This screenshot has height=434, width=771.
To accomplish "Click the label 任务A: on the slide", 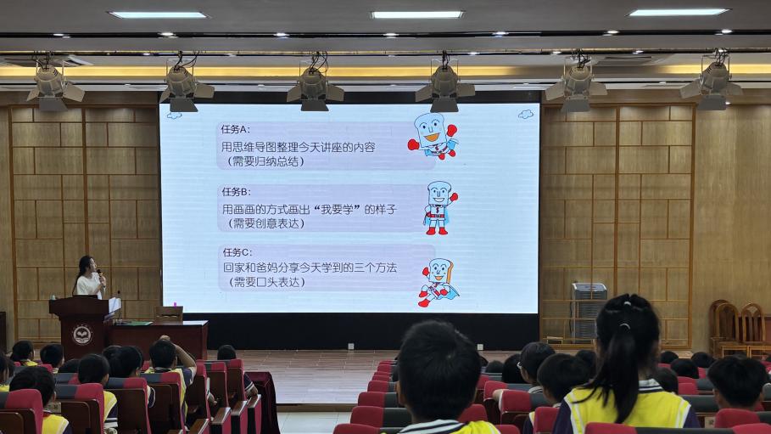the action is [x=235, y=130].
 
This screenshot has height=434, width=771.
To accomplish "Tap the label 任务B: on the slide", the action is [x=236, y=192].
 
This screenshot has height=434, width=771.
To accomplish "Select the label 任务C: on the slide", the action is [x=237, y=252].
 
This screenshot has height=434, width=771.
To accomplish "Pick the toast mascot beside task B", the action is [x=439, y=207].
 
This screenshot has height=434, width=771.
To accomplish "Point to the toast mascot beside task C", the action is [x=439, y=282].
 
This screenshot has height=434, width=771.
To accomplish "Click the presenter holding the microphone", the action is [x=90, y=278].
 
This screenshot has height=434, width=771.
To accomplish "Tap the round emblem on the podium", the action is [x=82, y=335].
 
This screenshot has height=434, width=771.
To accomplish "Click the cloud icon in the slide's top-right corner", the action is [x=526, y=115].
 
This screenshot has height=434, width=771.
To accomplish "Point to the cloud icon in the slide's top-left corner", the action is [x=174, y=116].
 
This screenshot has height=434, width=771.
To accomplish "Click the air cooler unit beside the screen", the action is [x=589, y=310].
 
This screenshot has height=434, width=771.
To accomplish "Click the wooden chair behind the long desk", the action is [x=168, y=313].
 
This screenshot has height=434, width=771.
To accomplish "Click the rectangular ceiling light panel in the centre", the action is [x=417, y=14].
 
